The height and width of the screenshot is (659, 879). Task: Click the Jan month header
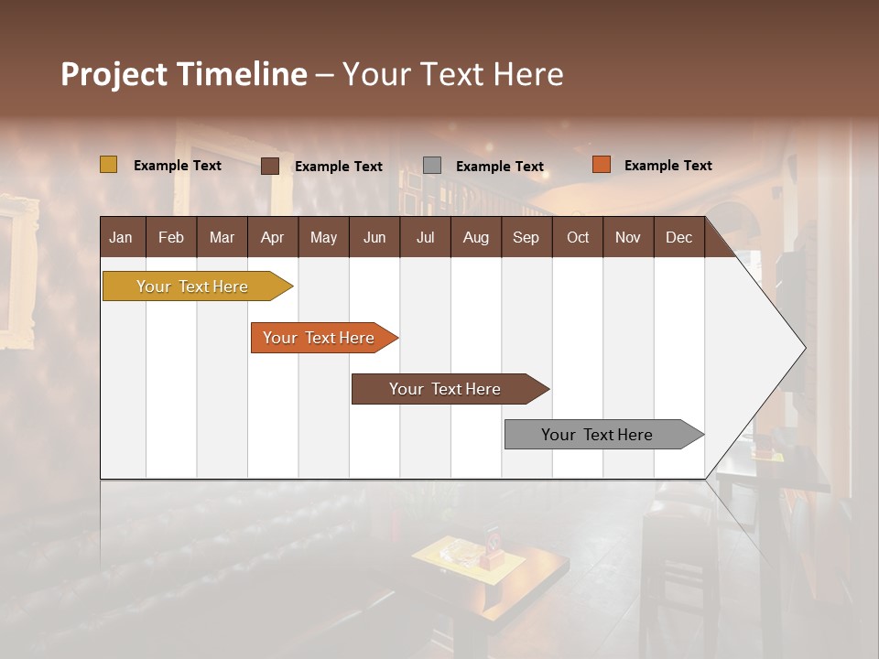[x=122, y=237]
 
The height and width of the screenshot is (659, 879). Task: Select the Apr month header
[x=273, y=237]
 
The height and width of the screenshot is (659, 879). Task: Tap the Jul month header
[x=425, y=237]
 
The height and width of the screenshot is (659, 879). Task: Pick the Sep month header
[x=526, y=237]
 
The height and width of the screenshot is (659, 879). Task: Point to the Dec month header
[x=678, y=237]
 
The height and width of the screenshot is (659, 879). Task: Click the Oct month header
[x=578, y=237]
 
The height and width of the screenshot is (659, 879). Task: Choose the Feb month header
[x=171, y=237]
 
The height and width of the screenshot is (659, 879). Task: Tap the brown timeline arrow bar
[x=446, y=389]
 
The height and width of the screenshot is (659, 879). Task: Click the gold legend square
[x=108, y=165]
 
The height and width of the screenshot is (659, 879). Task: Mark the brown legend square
[x=270, y=166]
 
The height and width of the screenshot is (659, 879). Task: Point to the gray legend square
[x=432, y=165]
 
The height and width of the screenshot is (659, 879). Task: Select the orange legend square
[x=601, y=165]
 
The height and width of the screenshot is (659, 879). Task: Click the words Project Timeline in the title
[x=183, y=74]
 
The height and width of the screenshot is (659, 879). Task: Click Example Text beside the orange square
[x=667, y=166]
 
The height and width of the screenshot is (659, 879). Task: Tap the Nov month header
[x=628, y=237]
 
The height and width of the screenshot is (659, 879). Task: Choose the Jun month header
[x=374, y=237]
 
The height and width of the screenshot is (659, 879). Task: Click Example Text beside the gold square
[x=178, y=166]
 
